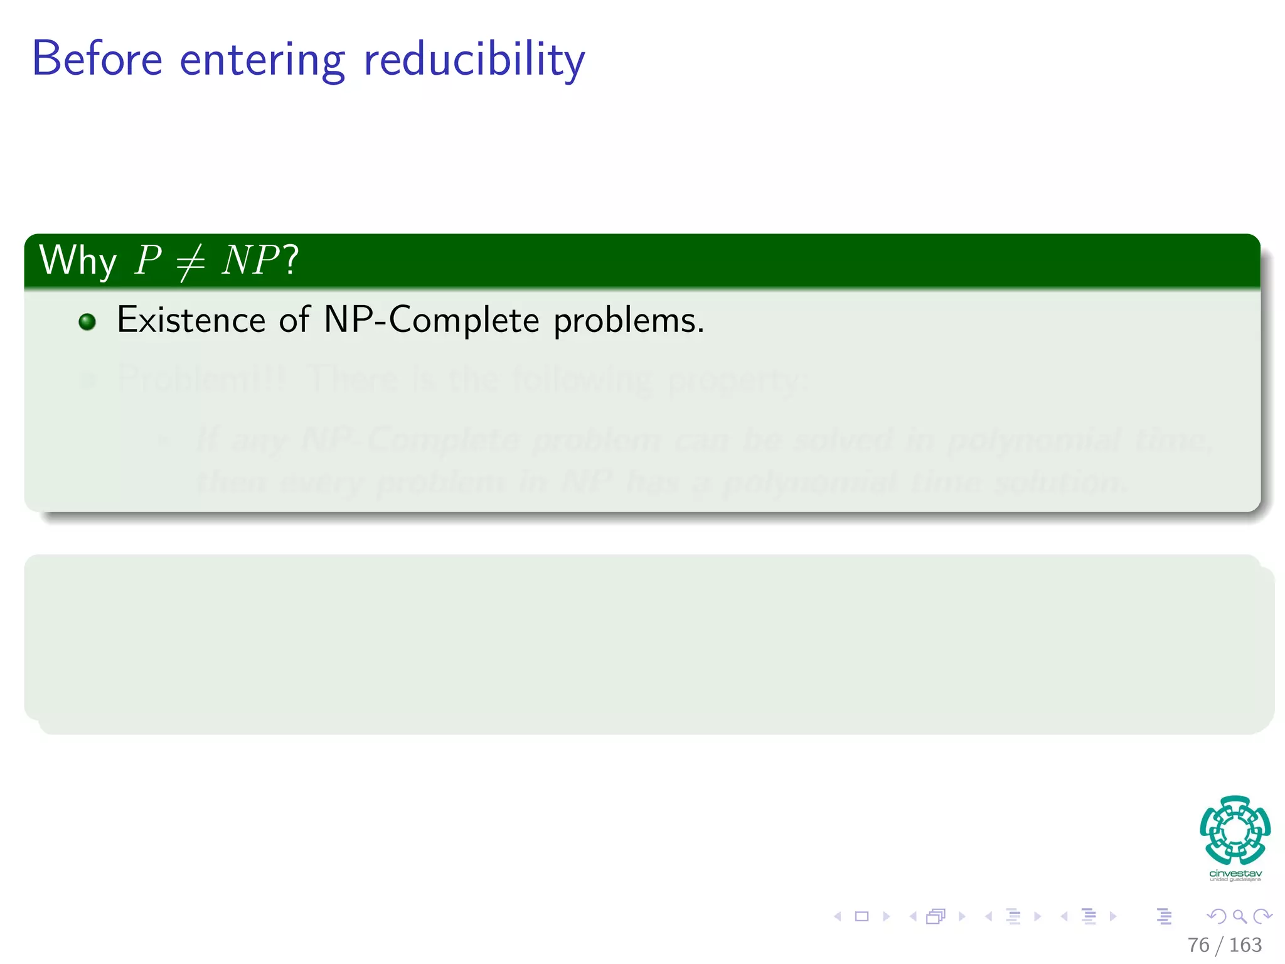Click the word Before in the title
[97, 59]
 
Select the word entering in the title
[262, 60]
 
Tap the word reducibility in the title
[474, 60]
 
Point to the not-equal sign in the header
[190, 261]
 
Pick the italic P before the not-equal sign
[148, 260]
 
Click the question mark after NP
[291, 260]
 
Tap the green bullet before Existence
[87, 322]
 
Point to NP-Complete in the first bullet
[431, 320]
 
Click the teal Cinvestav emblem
[1235, 830]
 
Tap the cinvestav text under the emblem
[1235, 874]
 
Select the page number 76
[1198, 945]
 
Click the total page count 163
[1245, 945]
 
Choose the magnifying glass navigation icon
[1239, 916]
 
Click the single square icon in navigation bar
[861, 916]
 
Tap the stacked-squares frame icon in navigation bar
[936, 916]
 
